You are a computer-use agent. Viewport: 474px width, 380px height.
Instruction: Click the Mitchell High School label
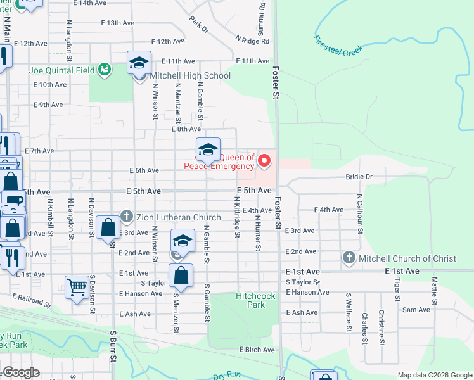[x=190, y=75]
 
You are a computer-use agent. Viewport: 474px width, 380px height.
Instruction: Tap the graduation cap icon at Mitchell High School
[x=139, y=63]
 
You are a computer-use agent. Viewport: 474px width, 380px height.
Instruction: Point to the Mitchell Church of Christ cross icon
[x=349, y=258]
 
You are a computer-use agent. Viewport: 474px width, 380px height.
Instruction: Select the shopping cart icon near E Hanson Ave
[x=77, y=287]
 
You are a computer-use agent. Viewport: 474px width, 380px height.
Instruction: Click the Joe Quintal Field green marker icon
[x=105, y=69]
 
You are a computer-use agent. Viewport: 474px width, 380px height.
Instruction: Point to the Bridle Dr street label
[x=359, y=177]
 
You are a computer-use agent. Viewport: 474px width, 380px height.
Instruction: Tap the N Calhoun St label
[x=359, y=216]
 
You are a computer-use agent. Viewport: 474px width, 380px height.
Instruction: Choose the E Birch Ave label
[x=257, y=349]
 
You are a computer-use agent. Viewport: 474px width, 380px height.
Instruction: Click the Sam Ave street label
[x=416, y=310]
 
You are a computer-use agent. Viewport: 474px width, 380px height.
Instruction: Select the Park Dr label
[x=198, y=24]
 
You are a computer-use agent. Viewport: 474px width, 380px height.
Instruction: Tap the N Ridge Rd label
[x=252, y=41]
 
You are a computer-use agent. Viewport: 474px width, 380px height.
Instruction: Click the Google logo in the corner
[x=21, y=372]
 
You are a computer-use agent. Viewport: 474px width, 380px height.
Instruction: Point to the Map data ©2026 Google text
[x=434, y=375]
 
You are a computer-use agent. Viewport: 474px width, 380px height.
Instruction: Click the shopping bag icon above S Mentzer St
[x=181, y=275]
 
